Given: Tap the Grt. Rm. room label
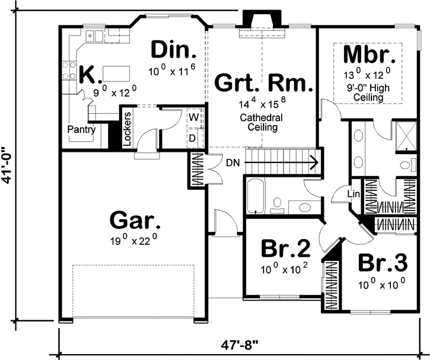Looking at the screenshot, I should point(263,82).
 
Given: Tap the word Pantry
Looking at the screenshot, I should point(81,129).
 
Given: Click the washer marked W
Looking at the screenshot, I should point(193,116).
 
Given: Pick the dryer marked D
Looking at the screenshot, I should point(193,138).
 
